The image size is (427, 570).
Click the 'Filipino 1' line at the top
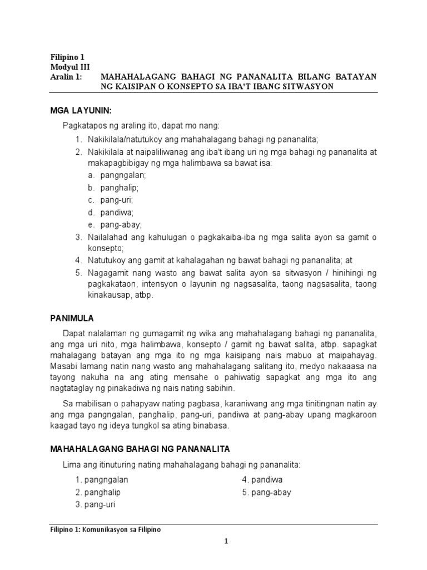point(67,57)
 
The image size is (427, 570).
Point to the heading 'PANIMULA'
point(72,318)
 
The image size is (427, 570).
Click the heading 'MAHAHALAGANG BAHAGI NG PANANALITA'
point(140,449)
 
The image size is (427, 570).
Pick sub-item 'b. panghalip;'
point(113,188)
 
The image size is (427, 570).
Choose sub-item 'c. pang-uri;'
point(110,200)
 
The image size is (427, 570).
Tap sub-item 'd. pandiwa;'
point(111,212)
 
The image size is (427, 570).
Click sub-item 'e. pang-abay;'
point(114,225)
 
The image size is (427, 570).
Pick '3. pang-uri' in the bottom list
point(95,505)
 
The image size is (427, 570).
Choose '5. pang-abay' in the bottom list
point(266,492)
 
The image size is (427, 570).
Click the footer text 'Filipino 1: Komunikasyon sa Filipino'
point(105,530)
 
